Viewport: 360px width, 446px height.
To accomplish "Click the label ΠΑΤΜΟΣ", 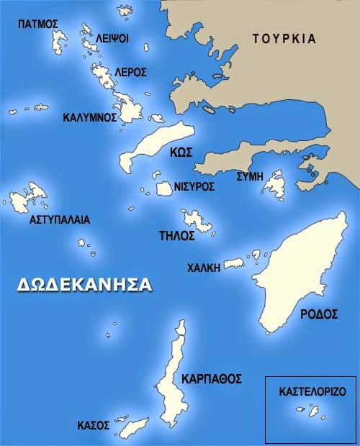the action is [x=38, y=24].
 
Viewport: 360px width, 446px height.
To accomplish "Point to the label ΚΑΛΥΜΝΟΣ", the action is [x=89, y=117].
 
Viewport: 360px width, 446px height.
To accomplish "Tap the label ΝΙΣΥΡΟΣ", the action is [x=194, y=186].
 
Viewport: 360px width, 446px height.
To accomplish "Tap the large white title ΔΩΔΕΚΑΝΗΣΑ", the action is [x=85, y=284].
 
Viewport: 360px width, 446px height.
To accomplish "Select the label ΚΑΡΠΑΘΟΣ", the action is [x=211, y=378].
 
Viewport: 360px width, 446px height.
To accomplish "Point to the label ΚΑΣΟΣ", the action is [x=93, y=426].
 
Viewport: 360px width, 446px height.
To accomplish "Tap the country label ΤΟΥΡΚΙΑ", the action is [x=284, y=39].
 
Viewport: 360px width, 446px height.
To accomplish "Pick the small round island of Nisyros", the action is [x=163, y=189].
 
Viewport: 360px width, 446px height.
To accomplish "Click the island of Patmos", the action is [x=56, y=42].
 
